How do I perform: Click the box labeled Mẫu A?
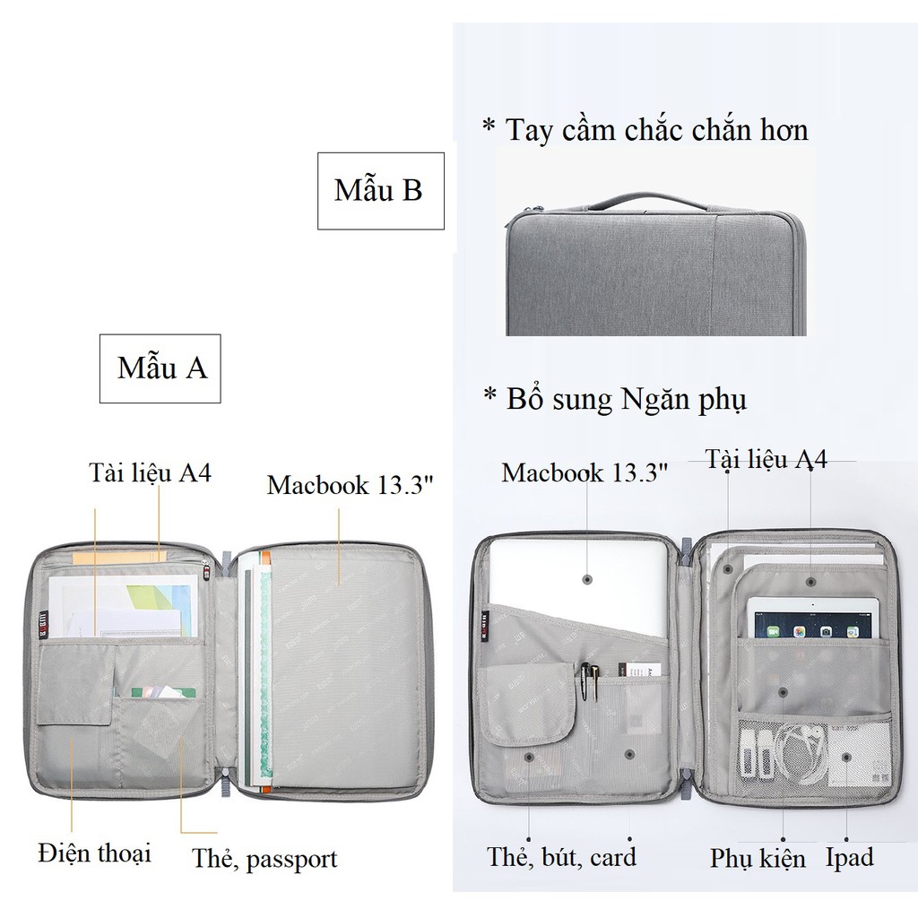pos(160,368)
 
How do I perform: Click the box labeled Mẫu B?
pos(380,190)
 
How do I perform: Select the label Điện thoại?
pos(94,853)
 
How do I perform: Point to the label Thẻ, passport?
pos(264,859)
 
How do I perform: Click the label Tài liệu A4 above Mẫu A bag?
pos(150,472)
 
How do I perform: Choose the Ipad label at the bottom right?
pos(849,857)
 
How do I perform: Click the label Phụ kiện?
pos(758,858)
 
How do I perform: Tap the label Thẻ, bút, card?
pos(561,856)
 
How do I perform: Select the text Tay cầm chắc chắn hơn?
pos(645,130)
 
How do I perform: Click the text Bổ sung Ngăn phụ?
pos(614,399)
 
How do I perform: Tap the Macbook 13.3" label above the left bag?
pos(351,485)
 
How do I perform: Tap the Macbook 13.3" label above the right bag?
pos(585,472)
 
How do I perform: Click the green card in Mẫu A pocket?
pos(162,692)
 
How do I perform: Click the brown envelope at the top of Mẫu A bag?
pos(117,558)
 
